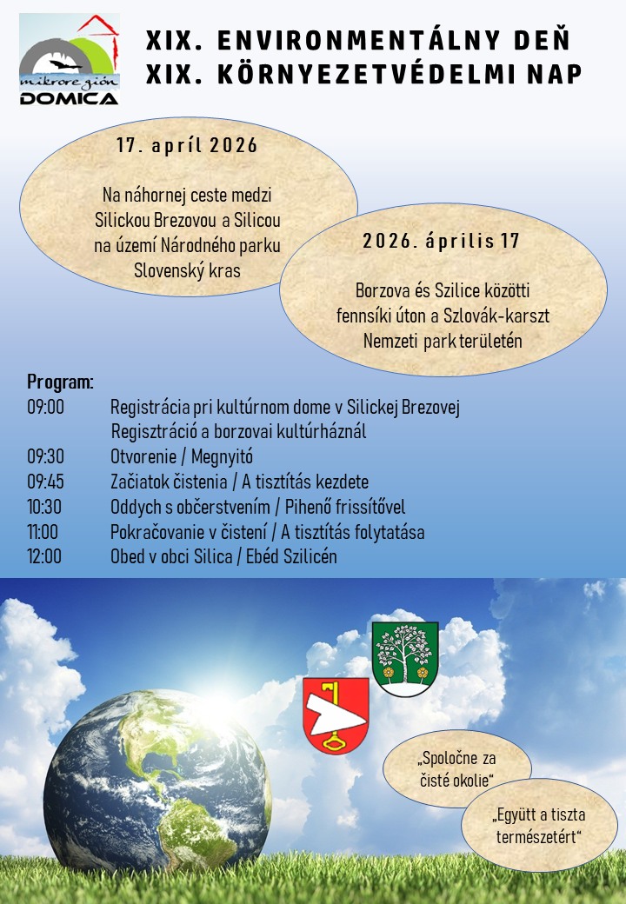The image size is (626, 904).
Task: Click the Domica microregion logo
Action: [x=69, y=59]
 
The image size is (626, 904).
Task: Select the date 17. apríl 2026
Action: [x=188, y=145]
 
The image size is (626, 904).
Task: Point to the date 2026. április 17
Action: [x=442, y=241]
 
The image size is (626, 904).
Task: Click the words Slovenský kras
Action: [x=187, y=269]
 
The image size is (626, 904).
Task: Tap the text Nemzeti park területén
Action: [x=443, y=340]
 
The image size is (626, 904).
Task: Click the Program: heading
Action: [x=60, y=382]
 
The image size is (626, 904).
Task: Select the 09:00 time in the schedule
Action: [x=45, y=406]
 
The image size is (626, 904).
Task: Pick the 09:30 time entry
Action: [x=45, y=456]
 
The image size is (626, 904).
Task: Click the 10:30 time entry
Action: [x=45, y=507]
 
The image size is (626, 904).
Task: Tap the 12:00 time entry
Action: [x=45, y=556]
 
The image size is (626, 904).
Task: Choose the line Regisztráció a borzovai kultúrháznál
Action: [x=239, y=431]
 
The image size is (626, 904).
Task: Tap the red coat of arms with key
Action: [x=336, y=715]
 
